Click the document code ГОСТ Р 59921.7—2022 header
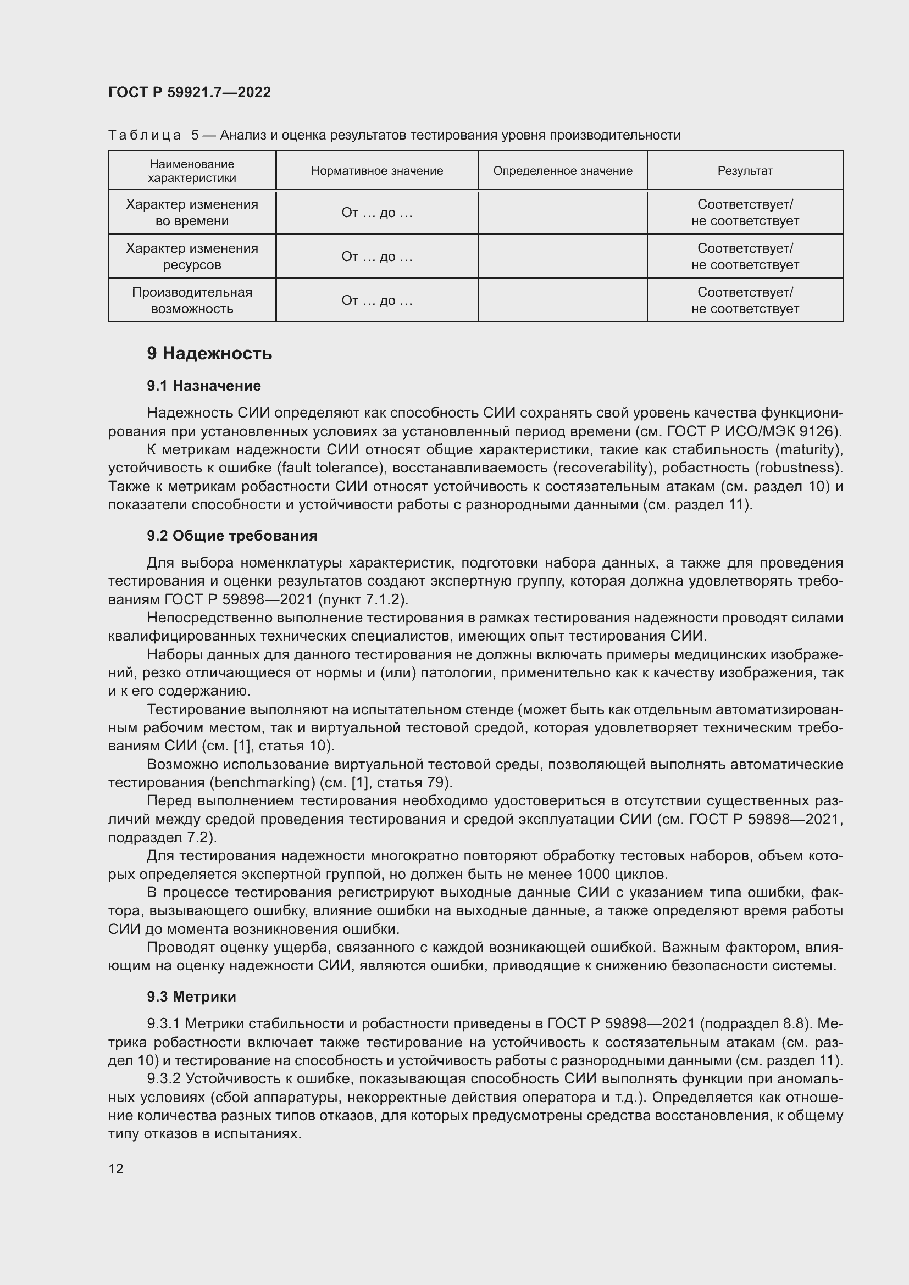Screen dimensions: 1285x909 (x=189, y=92)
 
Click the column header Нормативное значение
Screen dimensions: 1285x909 (x=376, y=171)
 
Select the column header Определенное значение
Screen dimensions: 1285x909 (x=563, y=171)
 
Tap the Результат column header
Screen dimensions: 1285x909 (x=745, y=171)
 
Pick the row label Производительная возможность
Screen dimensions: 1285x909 (x=192, y=300)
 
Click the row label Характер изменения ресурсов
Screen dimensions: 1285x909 (x=192, y=257)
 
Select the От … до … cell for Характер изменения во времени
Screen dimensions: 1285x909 (x=376, y=213)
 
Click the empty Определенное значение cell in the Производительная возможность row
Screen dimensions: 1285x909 (x=563, y=300)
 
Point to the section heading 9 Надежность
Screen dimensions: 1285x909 (x=209, y=353)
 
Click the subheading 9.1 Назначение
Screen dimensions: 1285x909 (x=204, y=386)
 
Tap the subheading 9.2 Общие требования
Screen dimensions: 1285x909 (x=232, y=536)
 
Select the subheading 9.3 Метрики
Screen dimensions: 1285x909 (x=191, y=996)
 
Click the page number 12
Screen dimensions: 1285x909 (x=116, y=1169)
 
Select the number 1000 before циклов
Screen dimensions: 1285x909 (x=594, y=874)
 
